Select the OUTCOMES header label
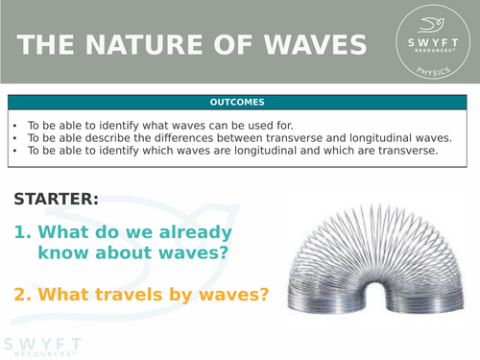239,102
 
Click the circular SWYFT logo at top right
432,45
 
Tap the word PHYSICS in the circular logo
432,76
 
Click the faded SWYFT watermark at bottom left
43,347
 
